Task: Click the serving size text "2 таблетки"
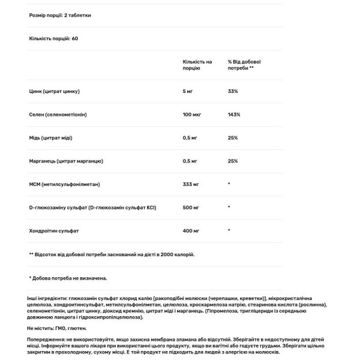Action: point(80,15)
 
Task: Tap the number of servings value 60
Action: point(75,38)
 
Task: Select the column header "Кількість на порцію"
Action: point(197,65)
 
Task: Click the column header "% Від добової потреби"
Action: point(244,65)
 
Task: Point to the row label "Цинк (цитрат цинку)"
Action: point(54,91)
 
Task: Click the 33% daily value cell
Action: point(233,91)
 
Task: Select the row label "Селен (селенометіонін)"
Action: point(58,115)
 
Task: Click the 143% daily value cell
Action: point(234,115)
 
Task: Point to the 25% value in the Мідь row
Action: point(233,138)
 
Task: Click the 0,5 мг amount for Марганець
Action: point(190,161)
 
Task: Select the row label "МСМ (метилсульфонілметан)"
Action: point(64,184)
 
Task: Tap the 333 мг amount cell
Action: point(191,184)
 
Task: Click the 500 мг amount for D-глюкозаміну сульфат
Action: point(191,208)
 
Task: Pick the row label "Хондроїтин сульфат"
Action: point(54,231)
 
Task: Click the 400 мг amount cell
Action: point(191,231)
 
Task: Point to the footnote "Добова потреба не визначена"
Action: point(70,278)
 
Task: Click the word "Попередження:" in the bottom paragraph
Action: point(43,338)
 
